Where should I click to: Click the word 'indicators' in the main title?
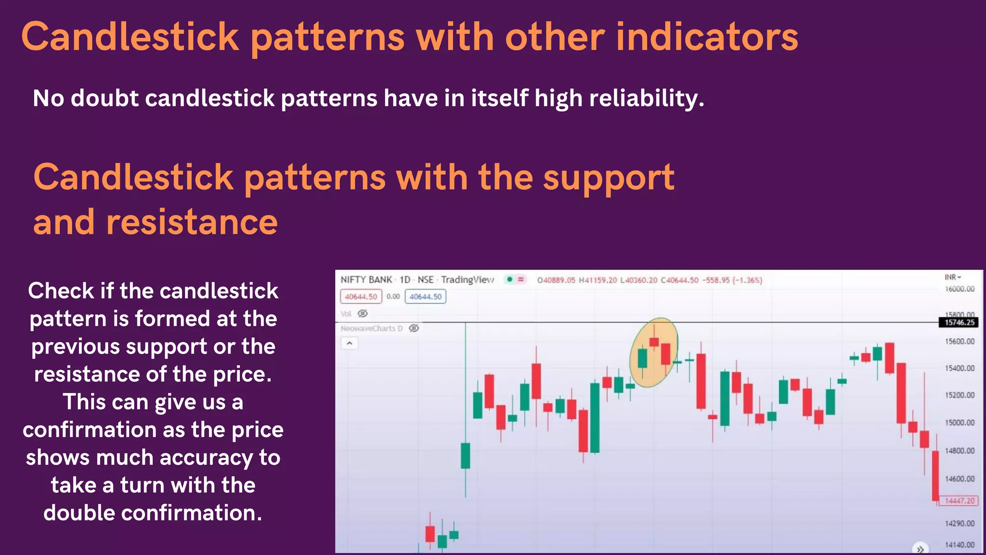click(x=707, y=37)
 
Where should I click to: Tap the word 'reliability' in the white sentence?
click(x=646, y=98)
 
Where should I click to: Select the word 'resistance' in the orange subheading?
click(x=191, y=222)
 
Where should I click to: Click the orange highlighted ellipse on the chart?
click(x=654, y=352)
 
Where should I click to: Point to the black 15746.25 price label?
click(x=959, y=322)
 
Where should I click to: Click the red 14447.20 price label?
click(x=959, y=501)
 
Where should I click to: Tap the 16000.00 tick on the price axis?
click(x=959, y=289)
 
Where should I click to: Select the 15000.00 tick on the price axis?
click(x=959, y=423)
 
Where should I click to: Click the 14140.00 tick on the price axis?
click(x=959, y=545)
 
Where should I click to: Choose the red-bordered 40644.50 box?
click(x=361, y=296)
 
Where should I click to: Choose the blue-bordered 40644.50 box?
click(x=425, y=296)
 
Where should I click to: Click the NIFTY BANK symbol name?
click(x=366, y=279)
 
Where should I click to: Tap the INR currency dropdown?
click(x=952, y=277)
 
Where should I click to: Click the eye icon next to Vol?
click(x=363, y=313)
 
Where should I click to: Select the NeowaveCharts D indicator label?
click(x=371, y=328)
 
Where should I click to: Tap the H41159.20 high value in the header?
click(x=597, y=280)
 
